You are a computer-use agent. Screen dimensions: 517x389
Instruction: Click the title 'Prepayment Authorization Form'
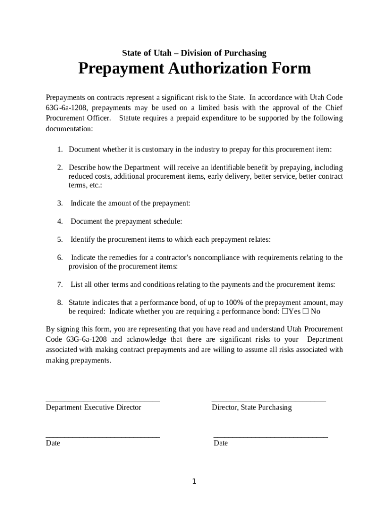tap(194, 69)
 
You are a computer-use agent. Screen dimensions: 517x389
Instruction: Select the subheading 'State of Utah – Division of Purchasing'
tap(194, 53)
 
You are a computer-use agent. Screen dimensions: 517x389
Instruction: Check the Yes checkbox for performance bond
tap(285, 312)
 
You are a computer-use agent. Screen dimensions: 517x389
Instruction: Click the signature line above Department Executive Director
tap(103, 400)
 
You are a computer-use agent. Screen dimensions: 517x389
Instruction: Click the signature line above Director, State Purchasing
tap(268, 400)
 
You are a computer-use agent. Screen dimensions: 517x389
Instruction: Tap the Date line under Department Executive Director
tap(103, 436)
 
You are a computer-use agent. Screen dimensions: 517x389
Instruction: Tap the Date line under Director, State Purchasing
tap(270, 436)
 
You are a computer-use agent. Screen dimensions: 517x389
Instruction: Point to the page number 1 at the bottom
tap(194, 482)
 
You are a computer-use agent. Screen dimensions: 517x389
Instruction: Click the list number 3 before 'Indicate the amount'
tap(59, 203)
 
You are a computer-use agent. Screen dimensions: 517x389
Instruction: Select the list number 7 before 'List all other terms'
tap(59, 285)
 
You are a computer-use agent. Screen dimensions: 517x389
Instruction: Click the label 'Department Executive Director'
tap(93, 407)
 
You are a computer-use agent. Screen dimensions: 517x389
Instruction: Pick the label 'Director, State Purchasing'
tap(252, 407)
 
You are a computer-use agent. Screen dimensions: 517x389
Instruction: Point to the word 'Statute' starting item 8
tap(80, 303)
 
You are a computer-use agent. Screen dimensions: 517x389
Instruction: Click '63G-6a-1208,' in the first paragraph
tap(67, 108)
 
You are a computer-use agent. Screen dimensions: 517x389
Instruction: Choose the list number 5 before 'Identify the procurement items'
tap(59, 239)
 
